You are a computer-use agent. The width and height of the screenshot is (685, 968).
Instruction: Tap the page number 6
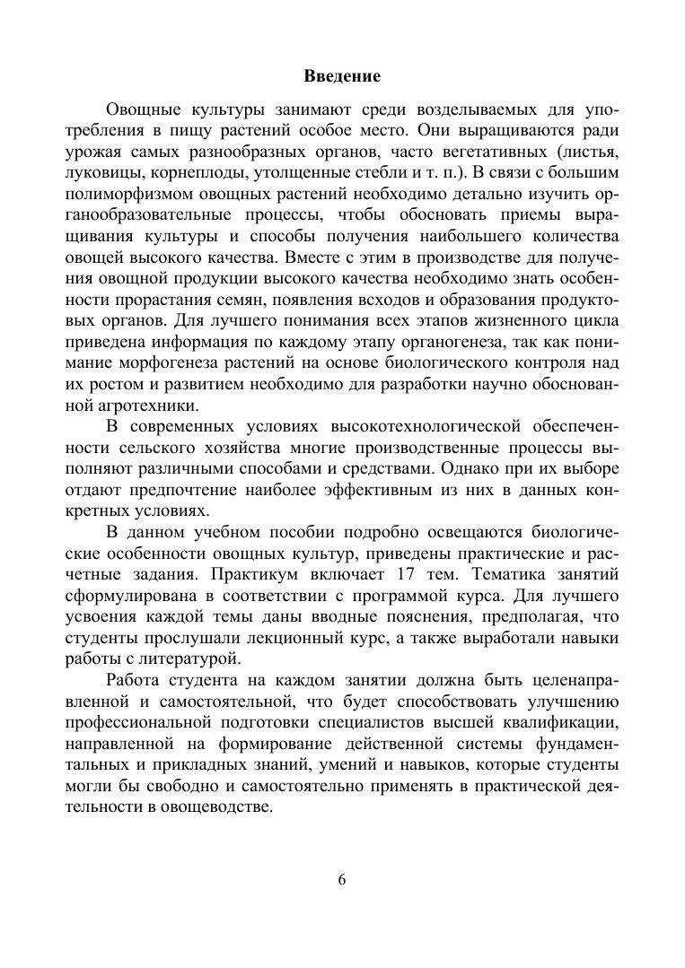coord(342,878)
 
